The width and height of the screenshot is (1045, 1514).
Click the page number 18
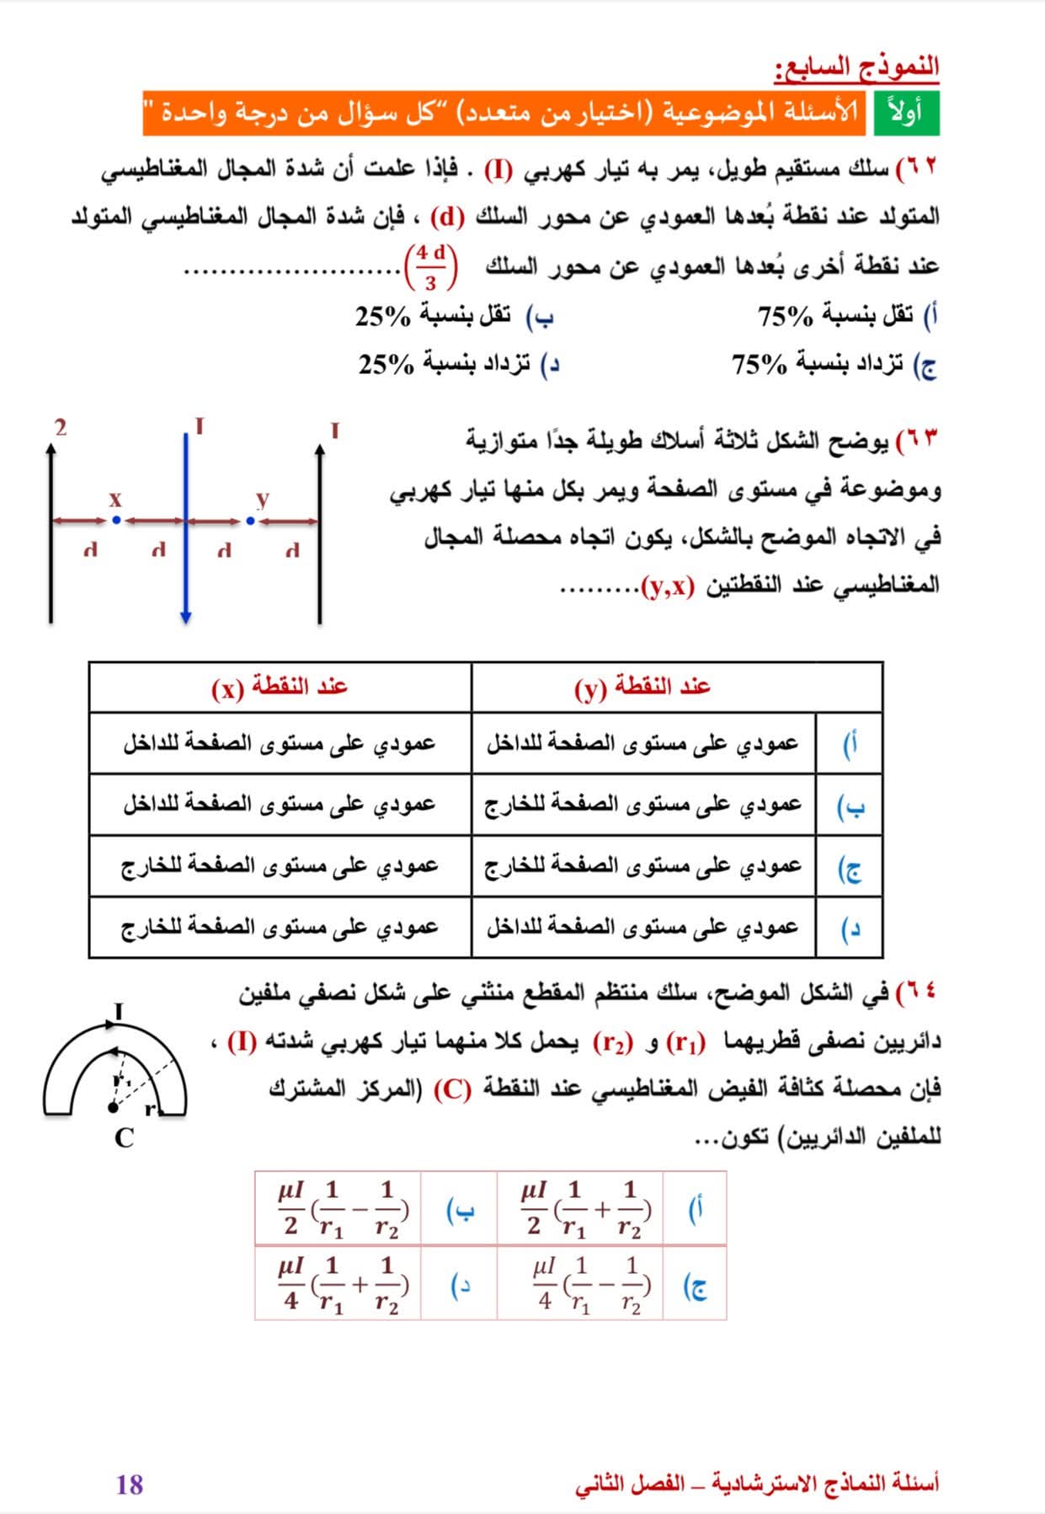pos(130,1484)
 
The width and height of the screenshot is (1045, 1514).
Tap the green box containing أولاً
pos(905,113)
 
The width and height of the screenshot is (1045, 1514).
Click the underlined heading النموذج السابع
pos(856,67)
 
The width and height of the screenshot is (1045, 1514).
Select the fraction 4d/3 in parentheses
pos(430,267)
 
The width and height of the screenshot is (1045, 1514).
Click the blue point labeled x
pos(116,521)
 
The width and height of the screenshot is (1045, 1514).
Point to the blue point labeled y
pos(250,521)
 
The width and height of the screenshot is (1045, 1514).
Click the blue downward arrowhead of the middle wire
pos(185,618)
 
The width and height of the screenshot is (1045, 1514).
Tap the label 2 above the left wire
pos(60,427)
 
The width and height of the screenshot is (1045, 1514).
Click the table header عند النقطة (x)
pos(280,687)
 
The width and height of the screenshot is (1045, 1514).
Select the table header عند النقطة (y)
pos(642,687)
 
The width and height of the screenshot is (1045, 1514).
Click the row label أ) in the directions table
pos(850,744)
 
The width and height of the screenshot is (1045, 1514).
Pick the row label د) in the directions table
pos(850,928)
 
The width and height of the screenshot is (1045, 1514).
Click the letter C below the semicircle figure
pos(124,1138)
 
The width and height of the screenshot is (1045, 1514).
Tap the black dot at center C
pos(114,1107)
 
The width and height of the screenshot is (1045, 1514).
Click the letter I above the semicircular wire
pos(119,1011)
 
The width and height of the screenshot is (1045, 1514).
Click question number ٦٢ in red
pos(916,166)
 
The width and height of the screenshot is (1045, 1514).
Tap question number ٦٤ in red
pos(916,992)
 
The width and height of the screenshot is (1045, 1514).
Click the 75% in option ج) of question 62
pos(759,366)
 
